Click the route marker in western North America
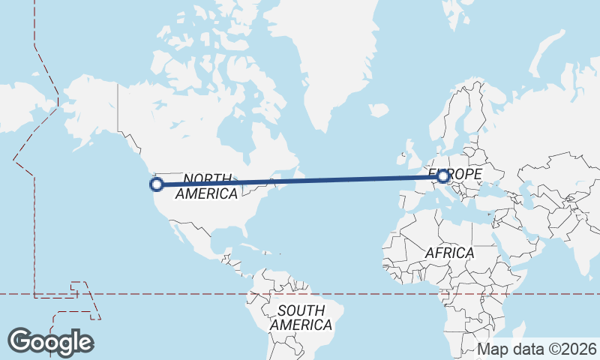[157, 184]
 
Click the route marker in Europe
[443, 176]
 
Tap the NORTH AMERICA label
[206, 186]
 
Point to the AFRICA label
[449, 253]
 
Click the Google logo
[50, 341]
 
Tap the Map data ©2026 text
[537, 349]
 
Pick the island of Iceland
[379, 110]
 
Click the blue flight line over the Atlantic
[337, 179]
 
